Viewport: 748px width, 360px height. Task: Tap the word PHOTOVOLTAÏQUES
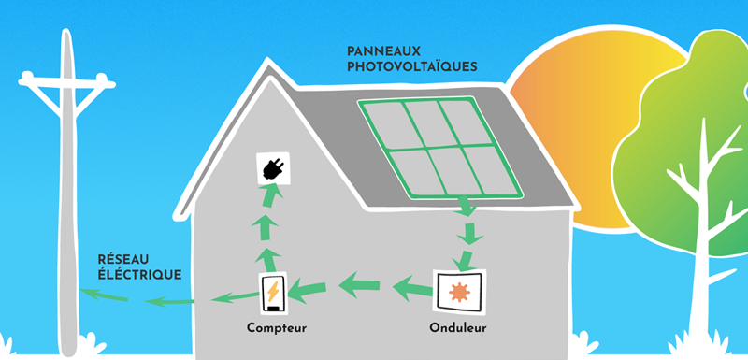(411, 67)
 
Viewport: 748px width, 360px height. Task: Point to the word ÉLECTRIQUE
(139, 274)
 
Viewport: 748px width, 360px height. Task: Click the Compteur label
(277, 327)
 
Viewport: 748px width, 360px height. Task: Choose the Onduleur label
(457, 327)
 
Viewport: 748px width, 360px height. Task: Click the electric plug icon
(273, 168)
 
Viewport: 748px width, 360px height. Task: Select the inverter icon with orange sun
(458, 291)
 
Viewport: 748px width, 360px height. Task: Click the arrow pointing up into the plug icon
(269, 197)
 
